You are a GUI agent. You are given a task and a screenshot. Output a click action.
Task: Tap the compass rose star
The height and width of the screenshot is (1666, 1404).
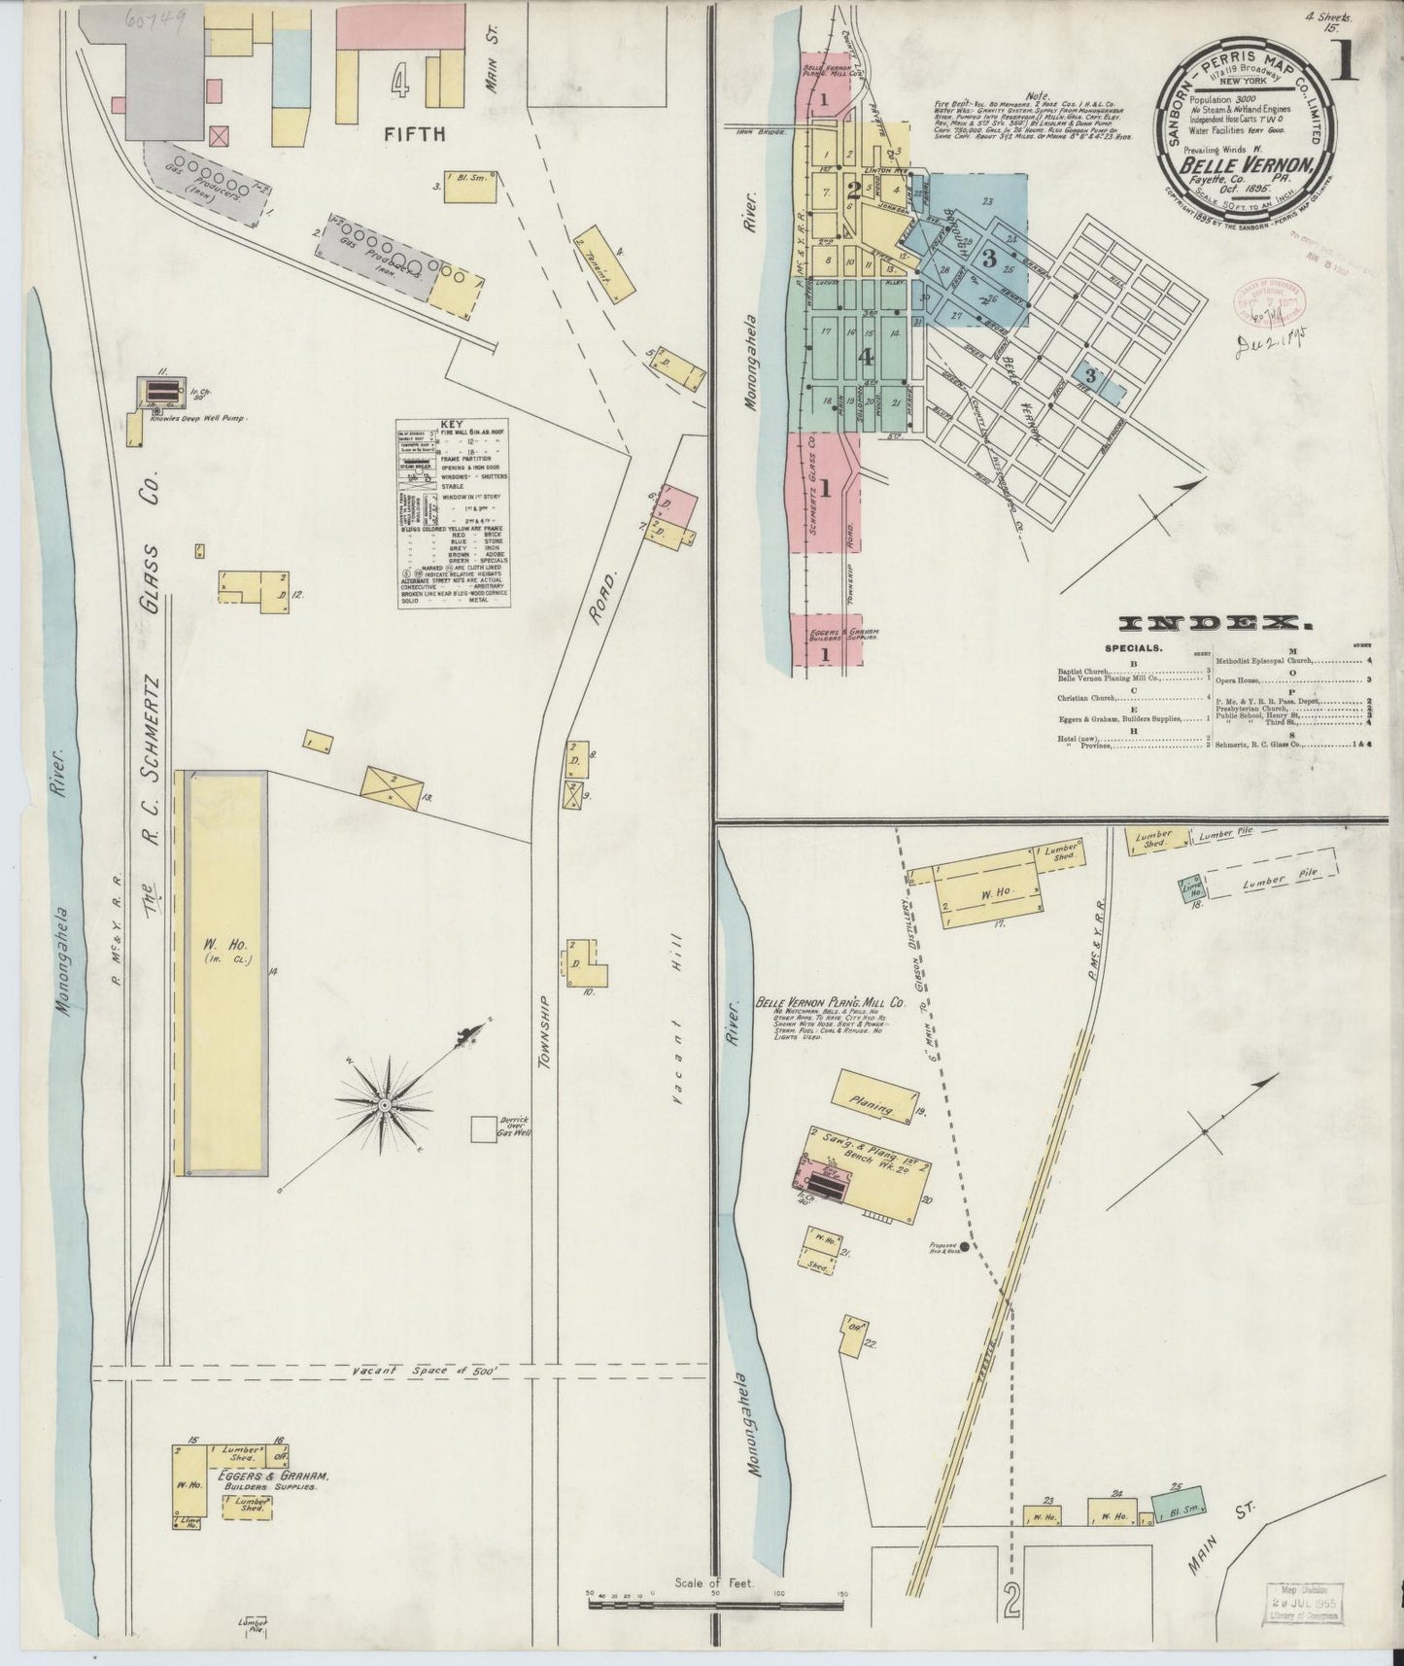[386, 1105]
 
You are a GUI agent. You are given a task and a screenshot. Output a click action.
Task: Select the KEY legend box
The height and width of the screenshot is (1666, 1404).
[454, 514]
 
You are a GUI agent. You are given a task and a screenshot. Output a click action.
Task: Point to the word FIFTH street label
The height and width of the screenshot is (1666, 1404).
[415, 134]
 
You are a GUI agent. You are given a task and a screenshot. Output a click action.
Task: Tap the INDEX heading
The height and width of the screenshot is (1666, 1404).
[1215, 623]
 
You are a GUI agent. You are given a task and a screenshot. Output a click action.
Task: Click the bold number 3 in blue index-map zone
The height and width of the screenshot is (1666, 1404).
[989, 259]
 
